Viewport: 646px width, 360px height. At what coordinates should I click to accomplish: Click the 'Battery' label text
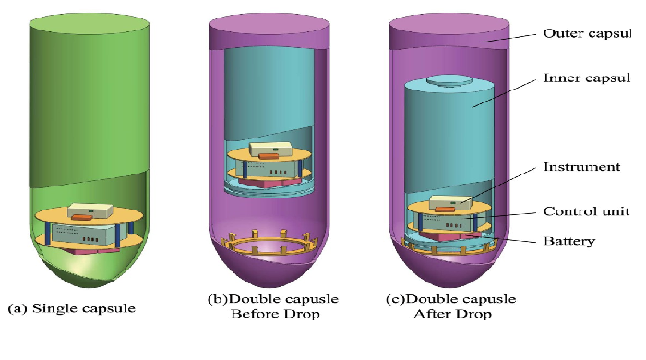[x=569, y=242]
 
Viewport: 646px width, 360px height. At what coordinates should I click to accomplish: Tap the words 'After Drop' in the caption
[x=452, y=315]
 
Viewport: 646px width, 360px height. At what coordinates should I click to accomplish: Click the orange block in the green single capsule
[x=83, y=218]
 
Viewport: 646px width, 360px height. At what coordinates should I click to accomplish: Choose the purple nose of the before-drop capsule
[x=268, y=273]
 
